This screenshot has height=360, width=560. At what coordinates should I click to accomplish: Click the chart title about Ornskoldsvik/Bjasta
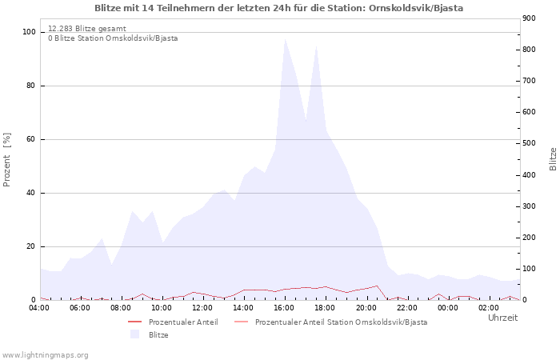[278, 8]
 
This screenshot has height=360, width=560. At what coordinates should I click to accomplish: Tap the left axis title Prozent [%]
[7, 160]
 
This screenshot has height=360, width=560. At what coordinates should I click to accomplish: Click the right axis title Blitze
[553, 158]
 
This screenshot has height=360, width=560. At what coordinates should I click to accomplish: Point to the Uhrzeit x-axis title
[502, 318]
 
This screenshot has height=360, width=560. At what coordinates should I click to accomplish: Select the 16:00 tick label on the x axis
[284, 308]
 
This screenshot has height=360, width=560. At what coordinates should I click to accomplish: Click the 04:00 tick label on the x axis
[39, 308]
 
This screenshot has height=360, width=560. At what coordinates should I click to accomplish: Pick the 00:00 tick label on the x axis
[447, 308]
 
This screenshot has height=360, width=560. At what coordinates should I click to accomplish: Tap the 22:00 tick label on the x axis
[406, 308]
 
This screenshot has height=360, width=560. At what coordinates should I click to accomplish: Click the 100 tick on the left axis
[29, 32]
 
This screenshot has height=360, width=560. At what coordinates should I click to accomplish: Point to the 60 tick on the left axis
[31, 139]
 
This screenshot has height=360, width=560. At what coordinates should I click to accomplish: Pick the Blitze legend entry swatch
[134, 334]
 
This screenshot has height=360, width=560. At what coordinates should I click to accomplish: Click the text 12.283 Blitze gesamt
[86, 28]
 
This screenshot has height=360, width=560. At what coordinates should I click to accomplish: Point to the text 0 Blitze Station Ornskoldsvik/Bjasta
[113, 38]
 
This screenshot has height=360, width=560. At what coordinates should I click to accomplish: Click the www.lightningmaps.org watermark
[45, 354]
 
